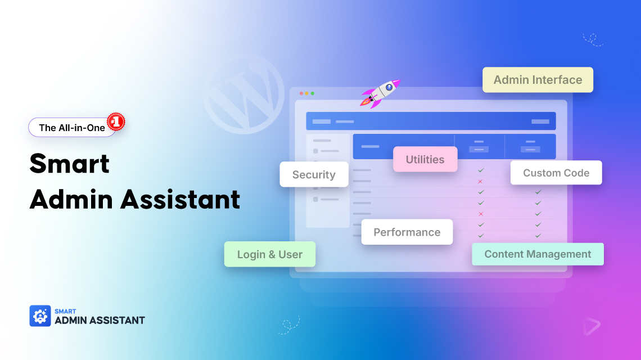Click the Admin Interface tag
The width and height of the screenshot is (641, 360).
coord(538,80)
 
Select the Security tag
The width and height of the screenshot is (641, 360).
coord(314,174)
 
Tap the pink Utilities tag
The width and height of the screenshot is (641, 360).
coord(425,159)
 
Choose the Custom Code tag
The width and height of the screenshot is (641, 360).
coord(556,173)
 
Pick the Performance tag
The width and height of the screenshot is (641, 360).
coord(407,232)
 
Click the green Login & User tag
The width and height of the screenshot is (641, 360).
coord(270,254)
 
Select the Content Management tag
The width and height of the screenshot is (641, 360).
coord(538,254)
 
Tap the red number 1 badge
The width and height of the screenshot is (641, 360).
coord(116,121)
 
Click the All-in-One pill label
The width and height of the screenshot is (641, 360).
coord(71,128)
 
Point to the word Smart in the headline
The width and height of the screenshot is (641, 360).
coord(69,164)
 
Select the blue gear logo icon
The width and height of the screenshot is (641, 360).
coord(40,316)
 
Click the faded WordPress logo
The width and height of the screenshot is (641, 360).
coord(243,93)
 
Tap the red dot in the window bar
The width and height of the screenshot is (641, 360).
coord(301,93)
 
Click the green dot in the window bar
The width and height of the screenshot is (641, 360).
coord(313,93)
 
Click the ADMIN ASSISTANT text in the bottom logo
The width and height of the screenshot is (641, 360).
coord(100,320)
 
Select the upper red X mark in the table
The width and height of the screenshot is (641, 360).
coord(480,181)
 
